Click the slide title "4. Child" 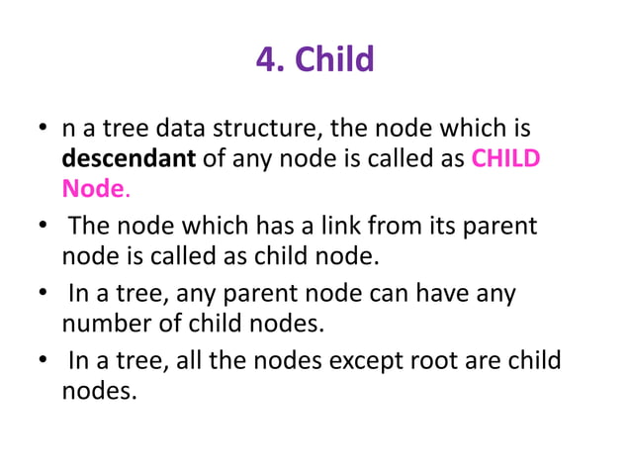click(x=315, y=60)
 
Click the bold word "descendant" click(x=128, y=158)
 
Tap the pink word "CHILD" click(x=505, y=158)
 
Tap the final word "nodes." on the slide click(x=99, y=390)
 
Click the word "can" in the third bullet click(x=376, y=294)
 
